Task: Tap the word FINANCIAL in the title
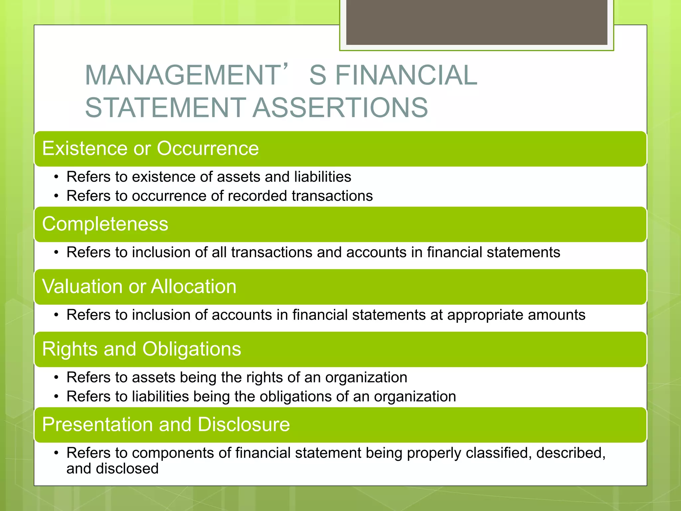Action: coord(406,75)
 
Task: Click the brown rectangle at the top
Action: coord(477,22)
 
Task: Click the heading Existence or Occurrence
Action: coord(150,148)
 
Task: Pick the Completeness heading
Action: coord(105,224)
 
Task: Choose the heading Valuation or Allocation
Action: coord(139,286)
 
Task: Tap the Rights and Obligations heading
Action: coord(142,349)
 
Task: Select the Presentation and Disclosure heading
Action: coord(166,425)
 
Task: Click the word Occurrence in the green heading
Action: coord(208,148)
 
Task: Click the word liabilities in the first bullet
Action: coord(323,177)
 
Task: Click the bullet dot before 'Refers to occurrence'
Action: coord(57,196)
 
